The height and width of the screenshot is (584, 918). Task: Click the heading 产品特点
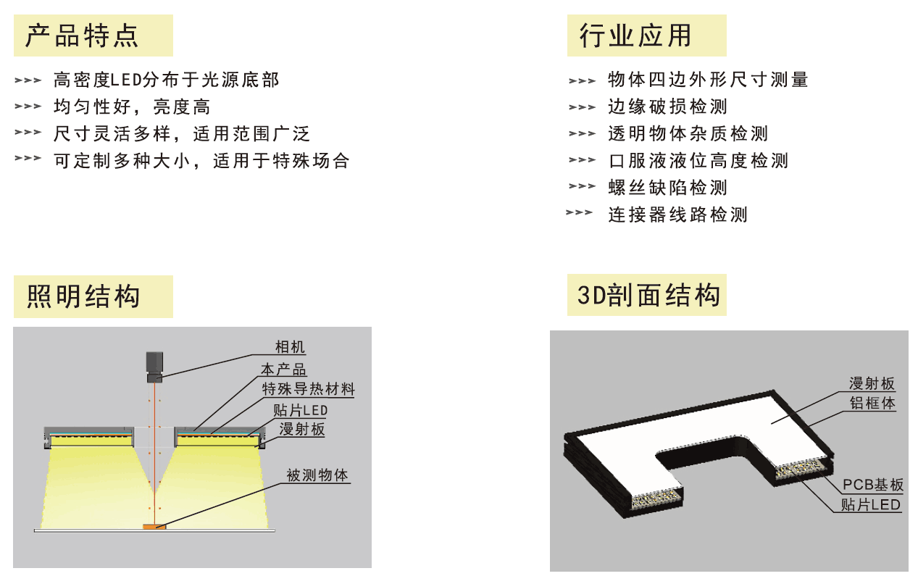[x=82, y=36]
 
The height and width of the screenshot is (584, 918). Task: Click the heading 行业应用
[x=635, y=36]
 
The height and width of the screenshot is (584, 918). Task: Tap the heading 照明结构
[x=83, y=296]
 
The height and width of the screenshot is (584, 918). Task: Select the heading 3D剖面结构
[x=648, y=295]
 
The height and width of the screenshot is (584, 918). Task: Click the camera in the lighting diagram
[x=154, y=367]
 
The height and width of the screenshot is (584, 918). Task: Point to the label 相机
[x=290, y=347]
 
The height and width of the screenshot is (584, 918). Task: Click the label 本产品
[x=283, y=370]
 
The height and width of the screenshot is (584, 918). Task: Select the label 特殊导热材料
[x=308, y=389]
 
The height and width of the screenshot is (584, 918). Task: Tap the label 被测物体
[x=317, y=475]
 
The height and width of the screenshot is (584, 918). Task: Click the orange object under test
[x=154, y=527]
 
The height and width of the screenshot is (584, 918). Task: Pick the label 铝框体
[x=872, y=403]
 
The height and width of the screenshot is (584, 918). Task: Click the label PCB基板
[x=873, y=485]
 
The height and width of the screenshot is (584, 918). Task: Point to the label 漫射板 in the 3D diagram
[x=872, y=383]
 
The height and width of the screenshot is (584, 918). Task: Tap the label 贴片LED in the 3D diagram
[x=870, y=504]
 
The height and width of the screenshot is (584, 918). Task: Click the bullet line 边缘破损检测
[x=667, y=107]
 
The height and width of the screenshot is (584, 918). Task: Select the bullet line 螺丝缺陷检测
[x=667, y=188]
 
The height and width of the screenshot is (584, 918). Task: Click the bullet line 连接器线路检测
[x=678, y=214]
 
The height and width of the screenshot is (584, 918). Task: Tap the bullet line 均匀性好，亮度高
[x=132, y=107]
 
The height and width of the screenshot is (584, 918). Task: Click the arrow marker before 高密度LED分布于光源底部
[x=28, y=80]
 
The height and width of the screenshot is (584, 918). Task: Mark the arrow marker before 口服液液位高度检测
[x=582, y=160]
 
